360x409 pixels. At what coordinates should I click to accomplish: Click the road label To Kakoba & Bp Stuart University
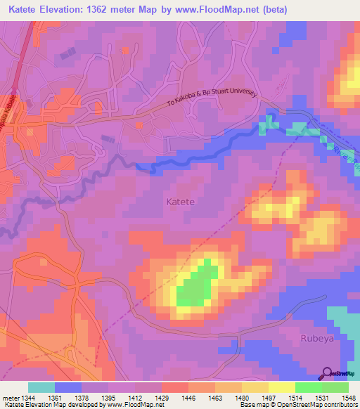pyautogui.click(x=212, y=97)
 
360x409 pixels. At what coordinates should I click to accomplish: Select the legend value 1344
pyautogui.click(x=24, y=398)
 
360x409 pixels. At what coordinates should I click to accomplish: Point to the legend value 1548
pyautogui.click(x=348, y=398)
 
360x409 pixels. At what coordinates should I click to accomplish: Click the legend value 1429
pyautogui.click(x=161, y=398)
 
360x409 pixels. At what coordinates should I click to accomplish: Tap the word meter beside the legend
pyautogui.click(x=8, y=398)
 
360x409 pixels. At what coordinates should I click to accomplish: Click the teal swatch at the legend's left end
pyautogui.click(x=41, y=387)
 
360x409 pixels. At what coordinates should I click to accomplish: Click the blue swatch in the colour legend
pyautogui.click(x=67, y=387)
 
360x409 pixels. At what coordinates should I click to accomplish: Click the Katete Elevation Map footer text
pyautogui.click(x=32, y=405)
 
